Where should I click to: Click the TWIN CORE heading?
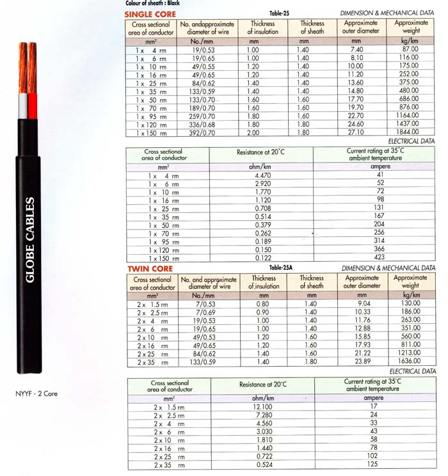(x=148, y=269)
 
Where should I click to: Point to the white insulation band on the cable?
(x=23, y=106)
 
